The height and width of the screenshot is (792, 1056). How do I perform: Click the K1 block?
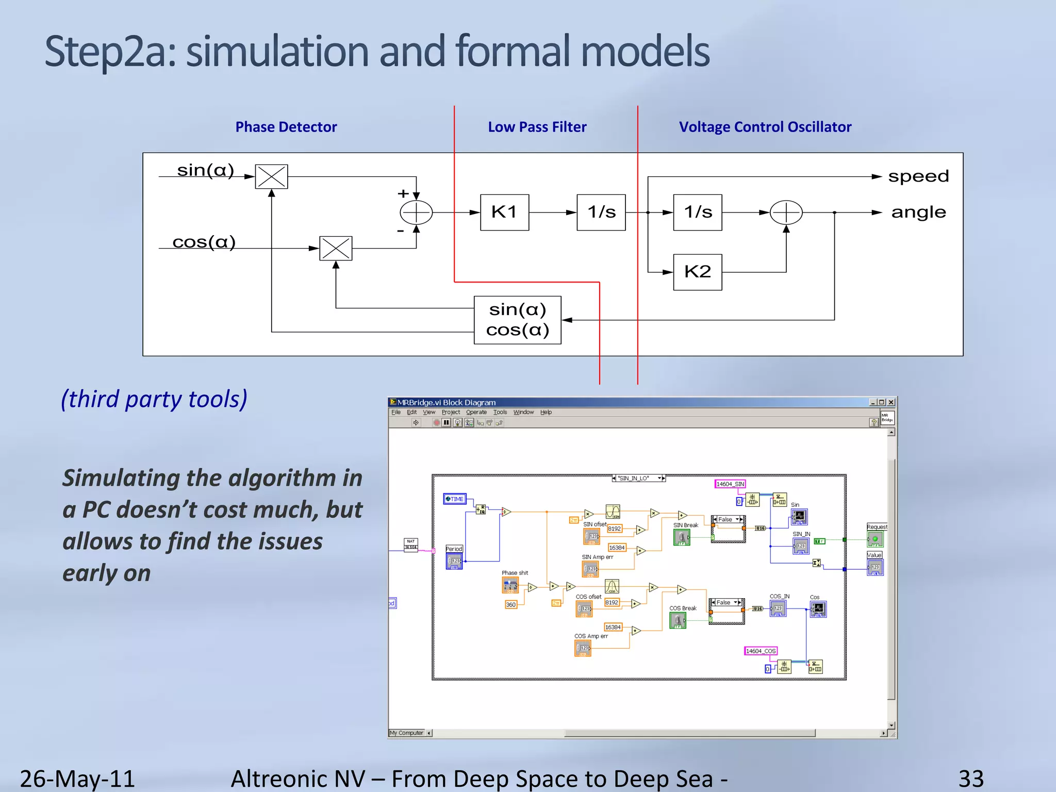click(x=504, y=212)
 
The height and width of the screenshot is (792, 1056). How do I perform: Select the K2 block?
click(x=697, y=272)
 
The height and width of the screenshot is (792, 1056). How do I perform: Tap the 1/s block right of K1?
click(x=601, y=212)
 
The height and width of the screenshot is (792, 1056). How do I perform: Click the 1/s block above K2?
click(x=697, y=212)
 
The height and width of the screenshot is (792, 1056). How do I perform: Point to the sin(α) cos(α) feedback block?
click(x=517, y=320)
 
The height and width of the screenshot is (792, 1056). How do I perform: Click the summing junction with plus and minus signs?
click(x=416, y=212)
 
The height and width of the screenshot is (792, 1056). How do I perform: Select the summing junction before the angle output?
click(x=786, y=212)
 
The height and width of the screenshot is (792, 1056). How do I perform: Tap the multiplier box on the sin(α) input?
click(x=271, y=177)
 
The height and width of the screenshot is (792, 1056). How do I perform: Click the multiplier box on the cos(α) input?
click(x=336, y=249)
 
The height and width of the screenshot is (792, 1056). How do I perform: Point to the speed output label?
click(x=918, y=176)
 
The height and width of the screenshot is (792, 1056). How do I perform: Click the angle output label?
click(x=918, y=212)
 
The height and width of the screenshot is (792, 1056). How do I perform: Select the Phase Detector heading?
click(x=286, y=127)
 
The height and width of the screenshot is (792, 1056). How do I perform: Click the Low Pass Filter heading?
click(x=537, y=127)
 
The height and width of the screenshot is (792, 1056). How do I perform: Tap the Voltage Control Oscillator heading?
click(x=765, y=127)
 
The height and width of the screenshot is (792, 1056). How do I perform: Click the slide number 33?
click(x=971, y=778)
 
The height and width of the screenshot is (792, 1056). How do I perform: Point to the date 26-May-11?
click(x=77, y=778)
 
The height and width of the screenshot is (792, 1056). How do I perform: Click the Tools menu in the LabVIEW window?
click(x=500, y=412)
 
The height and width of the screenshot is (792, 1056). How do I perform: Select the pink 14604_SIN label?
click(x=730, y=484)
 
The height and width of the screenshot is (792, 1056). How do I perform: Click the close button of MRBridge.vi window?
click(x=891, y=402)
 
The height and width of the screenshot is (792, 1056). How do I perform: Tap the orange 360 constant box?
click(x=510, y=605)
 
